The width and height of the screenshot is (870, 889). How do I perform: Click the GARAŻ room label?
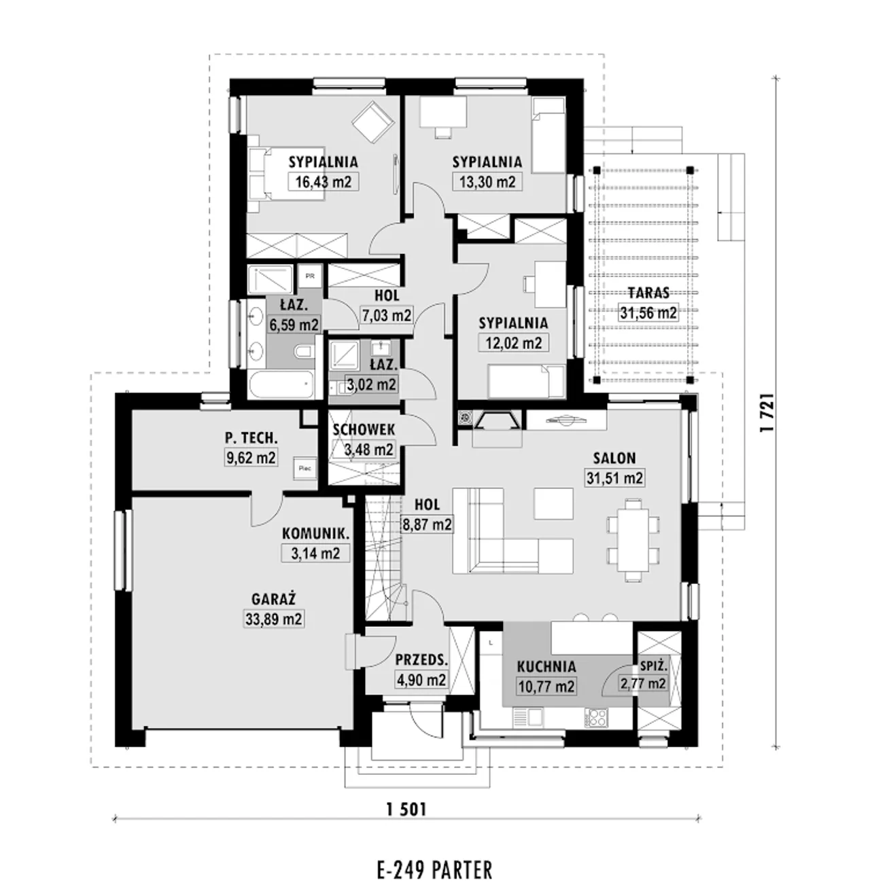coord(273,598)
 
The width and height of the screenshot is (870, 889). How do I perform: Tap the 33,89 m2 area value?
coord(273,619)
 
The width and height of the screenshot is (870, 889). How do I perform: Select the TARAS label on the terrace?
coord(648,293)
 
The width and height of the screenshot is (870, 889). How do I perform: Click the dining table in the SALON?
coord(633,541)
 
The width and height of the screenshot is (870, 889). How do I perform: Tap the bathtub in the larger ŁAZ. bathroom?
coord(280,384)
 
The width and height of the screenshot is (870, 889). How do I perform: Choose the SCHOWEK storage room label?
coord(364,430)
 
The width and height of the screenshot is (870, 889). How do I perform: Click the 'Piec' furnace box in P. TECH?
coord(305,468)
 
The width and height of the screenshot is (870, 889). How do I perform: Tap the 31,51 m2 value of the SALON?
coord(614,478)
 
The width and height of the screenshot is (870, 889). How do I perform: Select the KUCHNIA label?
coord(546,666)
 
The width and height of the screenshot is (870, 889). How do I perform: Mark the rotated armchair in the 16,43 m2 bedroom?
coord(372,122)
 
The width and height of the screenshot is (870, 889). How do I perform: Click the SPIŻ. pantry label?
coord(654,666)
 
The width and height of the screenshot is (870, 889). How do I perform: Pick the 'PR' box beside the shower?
coord(310,276)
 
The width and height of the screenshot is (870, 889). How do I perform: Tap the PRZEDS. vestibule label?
coord(421,659)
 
